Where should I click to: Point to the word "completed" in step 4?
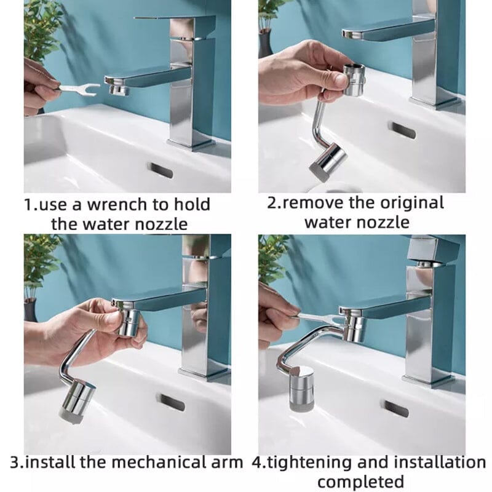tap(360, 480)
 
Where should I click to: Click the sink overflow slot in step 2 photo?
tap(402, 130)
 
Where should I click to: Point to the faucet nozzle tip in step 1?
tap(118, 90)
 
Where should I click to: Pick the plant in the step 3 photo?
tap(40, 261)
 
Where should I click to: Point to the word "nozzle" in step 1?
tap(159, 223)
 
